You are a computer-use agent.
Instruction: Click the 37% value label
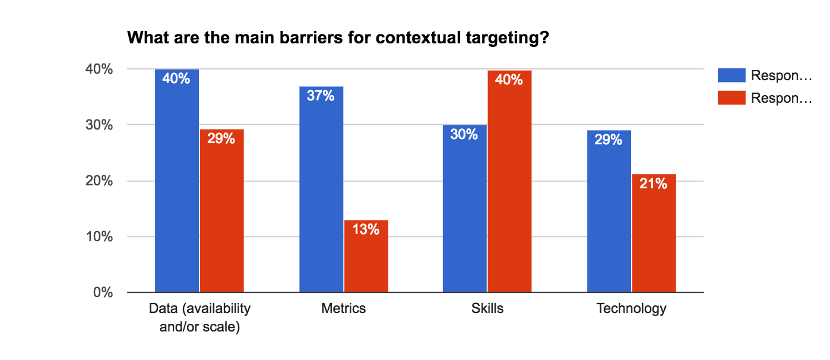point(321,95)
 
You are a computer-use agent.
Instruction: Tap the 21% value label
point(654,184)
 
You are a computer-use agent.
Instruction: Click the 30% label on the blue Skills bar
point(464,134)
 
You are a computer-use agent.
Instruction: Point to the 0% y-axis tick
point(102,292)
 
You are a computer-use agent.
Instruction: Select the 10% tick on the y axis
point(99,236)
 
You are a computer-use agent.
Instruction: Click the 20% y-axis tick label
point(99,181)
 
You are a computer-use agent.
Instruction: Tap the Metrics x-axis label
point(343,308)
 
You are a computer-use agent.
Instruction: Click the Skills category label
point(487,308)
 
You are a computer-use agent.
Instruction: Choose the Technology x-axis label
point(631,308)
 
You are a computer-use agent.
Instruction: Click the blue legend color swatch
point(731,75)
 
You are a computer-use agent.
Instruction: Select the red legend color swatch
point(731,98)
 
